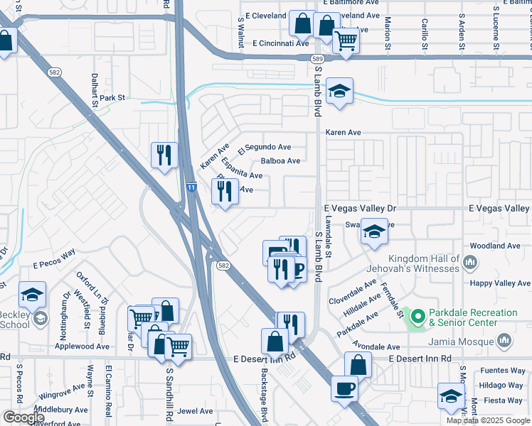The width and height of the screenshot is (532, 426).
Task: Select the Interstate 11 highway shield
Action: pos(191,187)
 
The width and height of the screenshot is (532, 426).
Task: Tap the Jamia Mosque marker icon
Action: pos(505,342)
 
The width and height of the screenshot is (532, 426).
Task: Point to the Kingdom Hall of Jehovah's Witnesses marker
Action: pos(469,264)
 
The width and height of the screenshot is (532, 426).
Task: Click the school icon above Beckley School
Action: pos(31,294)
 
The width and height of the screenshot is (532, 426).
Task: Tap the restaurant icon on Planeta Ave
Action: pos(225,190)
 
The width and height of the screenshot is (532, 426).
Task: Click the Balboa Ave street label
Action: pos(280,161)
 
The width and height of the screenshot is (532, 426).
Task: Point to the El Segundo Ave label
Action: pos(265,148)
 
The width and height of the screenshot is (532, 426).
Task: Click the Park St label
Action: pos(112,98)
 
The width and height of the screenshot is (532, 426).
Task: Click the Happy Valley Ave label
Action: pos(499,283)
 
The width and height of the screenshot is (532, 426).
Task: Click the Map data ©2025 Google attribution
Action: pos(487,420)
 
